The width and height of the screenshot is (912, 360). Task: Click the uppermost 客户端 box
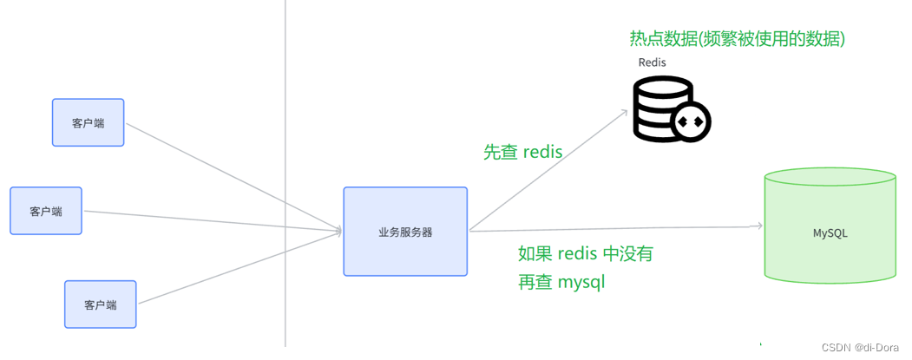point(88,122)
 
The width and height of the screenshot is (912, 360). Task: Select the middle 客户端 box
point(46,211)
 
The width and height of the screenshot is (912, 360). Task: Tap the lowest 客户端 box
point(101,304)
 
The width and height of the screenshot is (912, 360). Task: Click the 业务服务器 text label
point(405,232)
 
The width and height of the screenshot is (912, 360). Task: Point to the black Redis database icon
point(664,108)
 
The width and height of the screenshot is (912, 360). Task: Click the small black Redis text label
point(653,62)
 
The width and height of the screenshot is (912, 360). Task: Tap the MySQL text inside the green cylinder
point(830,233)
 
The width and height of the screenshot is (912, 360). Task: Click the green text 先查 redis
point(522,152)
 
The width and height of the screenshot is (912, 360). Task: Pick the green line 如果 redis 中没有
point(585,254)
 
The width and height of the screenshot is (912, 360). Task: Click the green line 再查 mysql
point(561,282)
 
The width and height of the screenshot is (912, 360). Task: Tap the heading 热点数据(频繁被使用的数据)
point(738,39)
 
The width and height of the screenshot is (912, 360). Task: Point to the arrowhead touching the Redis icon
point(623,112)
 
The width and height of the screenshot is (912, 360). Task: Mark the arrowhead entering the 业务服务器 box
point(338,231)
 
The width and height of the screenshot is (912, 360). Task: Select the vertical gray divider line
point(285,173)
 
